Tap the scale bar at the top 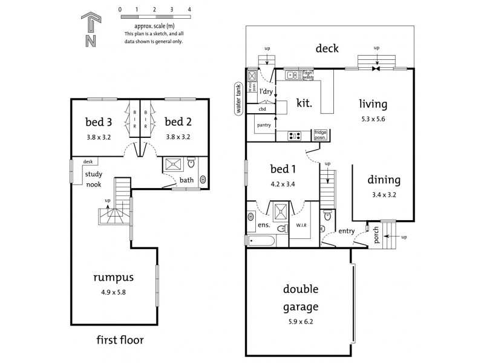155,19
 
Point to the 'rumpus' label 113,278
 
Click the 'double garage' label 301,298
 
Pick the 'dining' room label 384,180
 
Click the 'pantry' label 264,125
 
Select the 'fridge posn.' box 321,135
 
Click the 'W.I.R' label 301,227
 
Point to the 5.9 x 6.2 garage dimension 301,321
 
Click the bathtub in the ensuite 261,241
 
